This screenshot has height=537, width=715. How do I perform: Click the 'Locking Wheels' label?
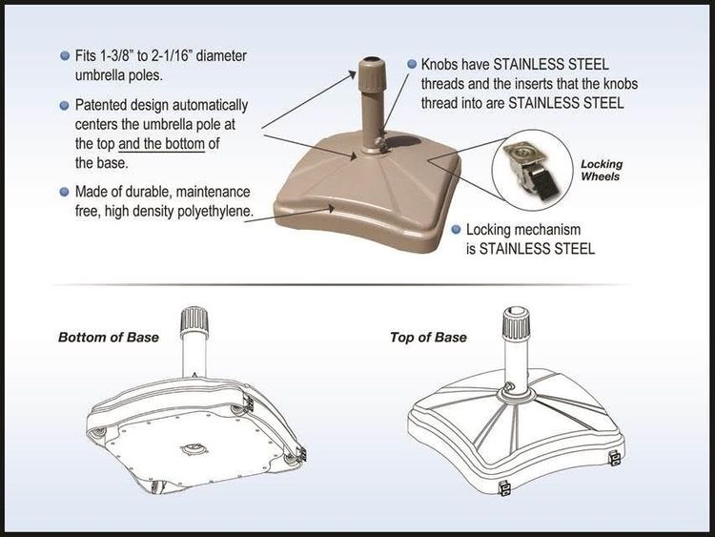click(x=601, y=171)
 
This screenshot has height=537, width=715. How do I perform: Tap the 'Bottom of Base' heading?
click(x=108, y=338)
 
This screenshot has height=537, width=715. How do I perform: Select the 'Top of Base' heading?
click(x=428, y=338)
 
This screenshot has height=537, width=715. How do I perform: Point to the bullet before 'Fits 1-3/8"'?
click(x=64, y=55)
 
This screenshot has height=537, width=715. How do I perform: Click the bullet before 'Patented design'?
click(x=64, y=105)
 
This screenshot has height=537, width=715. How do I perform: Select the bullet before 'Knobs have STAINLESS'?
click(x=412, y=65)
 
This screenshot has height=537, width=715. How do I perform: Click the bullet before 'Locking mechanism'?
click(x=457, y=229)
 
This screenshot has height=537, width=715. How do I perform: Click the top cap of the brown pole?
click(x=370, y=71)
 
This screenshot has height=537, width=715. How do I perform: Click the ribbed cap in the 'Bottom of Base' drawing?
click(x=194, y=318)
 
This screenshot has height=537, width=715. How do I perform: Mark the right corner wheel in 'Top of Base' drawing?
click(x=615, y=458)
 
